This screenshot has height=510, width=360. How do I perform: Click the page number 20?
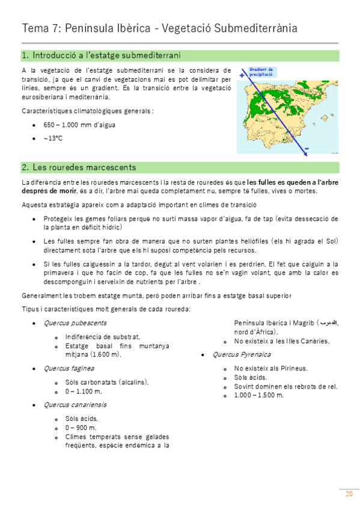coord(349,494)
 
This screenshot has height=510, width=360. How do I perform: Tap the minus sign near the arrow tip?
coord(307,149)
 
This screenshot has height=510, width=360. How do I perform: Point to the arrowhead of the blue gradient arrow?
coord(305,154)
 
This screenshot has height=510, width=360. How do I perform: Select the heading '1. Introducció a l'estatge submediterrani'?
coord(101,56)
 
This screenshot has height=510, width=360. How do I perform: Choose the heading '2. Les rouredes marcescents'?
coord(79,167)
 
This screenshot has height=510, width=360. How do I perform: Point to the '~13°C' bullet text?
coord(53,138)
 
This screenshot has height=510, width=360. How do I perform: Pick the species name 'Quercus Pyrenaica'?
coord(236,354)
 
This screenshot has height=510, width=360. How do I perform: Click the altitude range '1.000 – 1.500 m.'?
coord(258,395)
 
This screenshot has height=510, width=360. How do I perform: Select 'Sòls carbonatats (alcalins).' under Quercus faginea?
coord(106,382)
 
